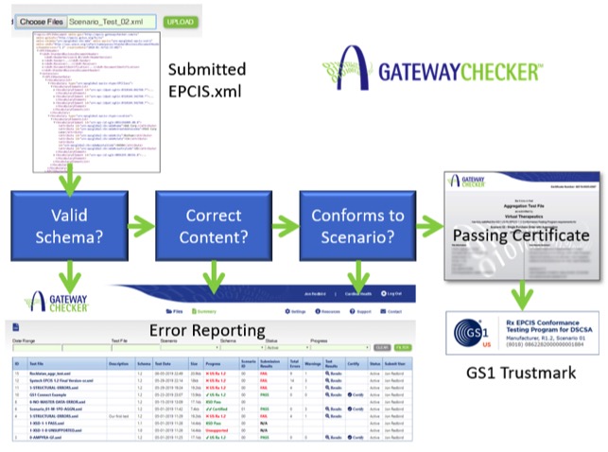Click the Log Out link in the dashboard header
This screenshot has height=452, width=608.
click(400, 294)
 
